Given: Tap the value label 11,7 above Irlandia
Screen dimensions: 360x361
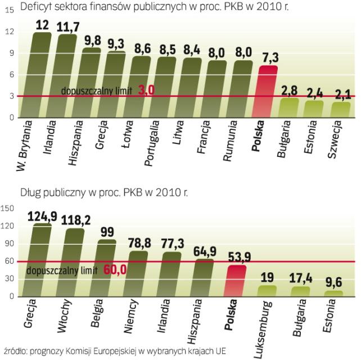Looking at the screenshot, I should [67, 27].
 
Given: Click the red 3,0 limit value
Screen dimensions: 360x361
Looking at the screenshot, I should [146, 91].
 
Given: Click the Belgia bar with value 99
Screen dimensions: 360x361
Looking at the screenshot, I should [107, 268].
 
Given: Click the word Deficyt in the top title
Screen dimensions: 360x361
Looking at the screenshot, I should [36, 6].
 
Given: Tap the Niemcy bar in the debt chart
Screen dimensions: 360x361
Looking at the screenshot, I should [139, 273].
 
